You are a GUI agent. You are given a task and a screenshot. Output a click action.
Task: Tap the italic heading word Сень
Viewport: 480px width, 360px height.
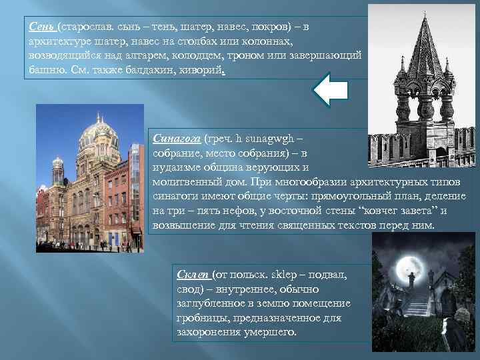click(42, 27)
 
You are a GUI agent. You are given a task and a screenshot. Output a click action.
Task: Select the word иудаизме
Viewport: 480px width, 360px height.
click(175, 167)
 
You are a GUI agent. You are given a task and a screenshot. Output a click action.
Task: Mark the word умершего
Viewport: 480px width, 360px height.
click(266, 331)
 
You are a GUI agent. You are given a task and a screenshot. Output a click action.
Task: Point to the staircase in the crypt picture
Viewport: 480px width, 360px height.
click(417, 303)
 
